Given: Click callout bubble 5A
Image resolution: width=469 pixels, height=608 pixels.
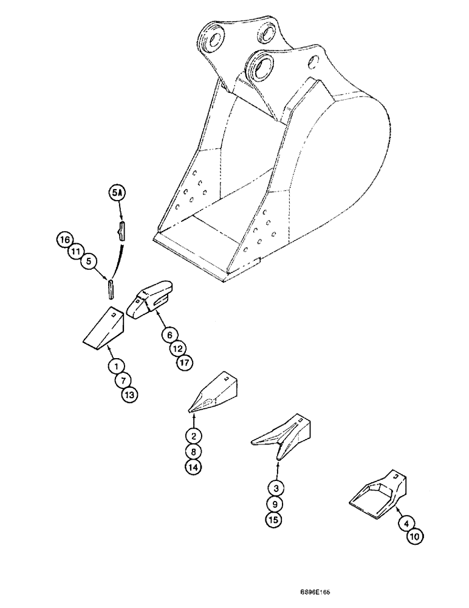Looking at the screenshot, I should [116, 193].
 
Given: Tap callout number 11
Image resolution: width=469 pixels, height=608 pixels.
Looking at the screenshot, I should [76, 250].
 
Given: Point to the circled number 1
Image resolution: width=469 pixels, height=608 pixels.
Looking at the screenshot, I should [114, 367].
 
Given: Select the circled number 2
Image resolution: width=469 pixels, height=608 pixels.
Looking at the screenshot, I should [194, 435].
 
